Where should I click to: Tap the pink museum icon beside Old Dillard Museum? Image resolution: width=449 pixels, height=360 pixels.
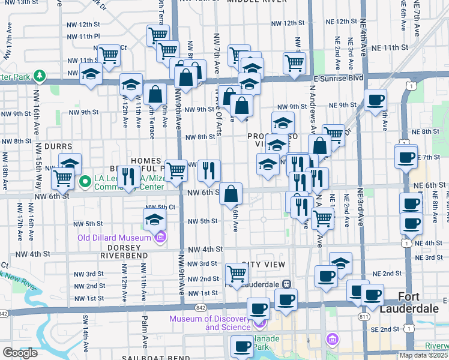click(160, 238)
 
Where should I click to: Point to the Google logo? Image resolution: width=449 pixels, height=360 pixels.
click(20, 353)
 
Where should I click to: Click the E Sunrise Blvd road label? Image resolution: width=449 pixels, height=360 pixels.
click(339, 78)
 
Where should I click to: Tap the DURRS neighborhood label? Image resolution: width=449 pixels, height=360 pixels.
click(58, 146)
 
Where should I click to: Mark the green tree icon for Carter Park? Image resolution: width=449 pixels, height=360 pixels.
click(40, 76)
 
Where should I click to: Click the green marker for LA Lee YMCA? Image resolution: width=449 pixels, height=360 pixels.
click(86, 180)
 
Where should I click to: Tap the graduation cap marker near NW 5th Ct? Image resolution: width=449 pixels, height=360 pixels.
click(155, 219)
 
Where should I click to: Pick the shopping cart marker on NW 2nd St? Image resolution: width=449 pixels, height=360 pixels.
click(237, 274)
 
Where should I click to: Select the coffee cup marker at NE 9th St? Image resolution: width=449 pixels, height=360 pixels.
click(375, 100)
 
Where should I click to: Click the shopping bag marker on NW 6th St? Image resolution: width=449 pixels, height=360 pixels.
click(231, 194)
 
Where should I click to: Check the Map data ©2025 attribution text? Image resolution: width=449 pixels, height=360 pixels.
click(423, 355)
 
